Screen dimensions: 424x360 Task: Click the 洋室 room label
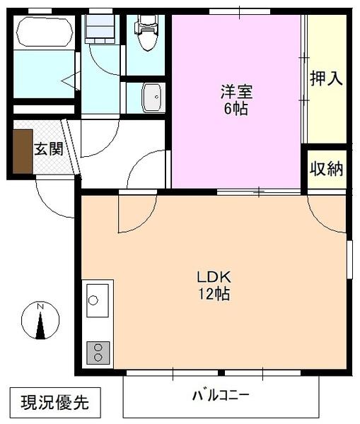[237, 92]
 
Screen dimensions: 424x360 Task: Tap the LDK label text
[214, 276]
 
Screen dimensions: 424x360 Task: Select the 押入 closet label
[326, 78]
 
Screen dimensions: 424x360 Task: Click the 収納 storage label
[326, 169]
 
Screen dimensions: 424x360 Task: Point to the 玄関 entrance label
[49, 149]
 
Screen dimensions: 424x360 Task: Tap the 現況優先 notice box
[54, 403]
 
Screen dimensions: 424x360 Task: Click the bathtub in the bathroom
[44, 32]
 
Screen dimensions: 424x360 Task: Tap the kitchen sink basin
[97, 300]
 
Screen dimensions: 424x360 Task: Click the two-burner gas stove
[98, 351]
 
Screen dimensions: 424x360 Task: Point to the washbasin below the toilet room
[152, 98]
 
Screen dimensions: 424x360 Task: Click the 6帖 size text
[237, 110]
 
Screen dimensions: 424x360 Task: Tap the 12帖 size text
[214, 294]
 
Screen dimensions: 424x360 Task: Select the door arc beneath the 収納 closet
[327, 212]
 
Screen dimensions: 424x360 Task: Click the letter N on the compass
[40, 307]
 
